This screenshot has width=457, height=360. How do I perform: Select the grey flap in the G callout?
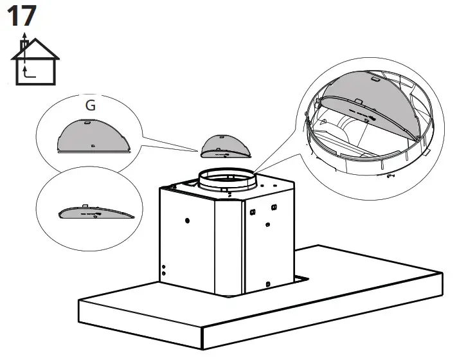pyautogui.click(x=94, y=136)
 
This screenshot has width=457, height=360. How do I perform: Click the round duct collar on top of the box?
pyautogui.click(x=226, y=180)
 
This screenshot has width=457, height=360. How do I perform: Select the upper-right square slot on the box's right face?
pyautogui.click(x=274, y=207)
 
